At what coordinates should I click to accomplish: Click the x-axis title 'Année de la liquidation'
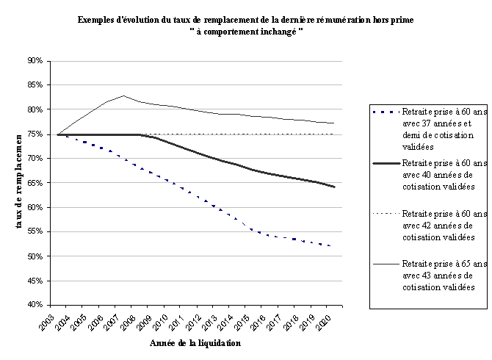[194, 342]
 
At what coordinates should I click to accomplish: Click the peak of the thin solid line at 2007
[123, 96]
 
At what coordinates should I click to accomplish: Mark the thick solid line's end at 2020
[335, 187]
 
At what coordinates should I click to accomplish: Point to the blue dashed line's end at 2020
[335, 246]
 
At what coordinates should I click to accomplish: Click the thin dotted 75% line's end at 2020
[335, 134]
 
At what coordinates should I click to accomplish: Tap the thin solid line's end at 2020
[335, 123]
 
